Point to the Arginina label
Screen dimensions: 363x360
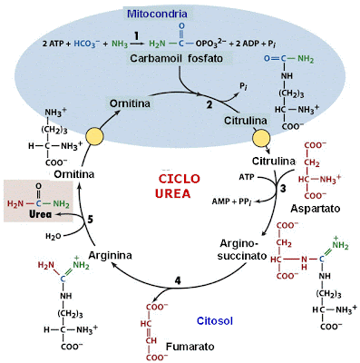pyautogui.click(x=112, y=257)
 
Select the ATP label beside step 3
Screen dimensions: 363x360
pyautogui.click(x=246, y=176)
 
